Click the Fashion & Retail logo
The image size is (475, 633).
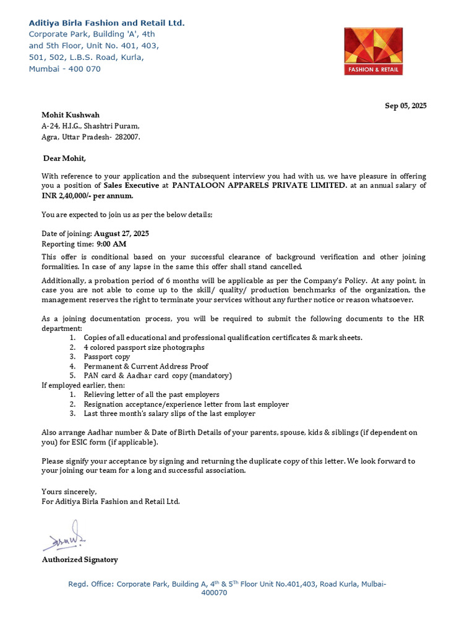coord(374,51)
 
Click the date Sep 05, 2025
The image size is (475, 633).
coord(405,106)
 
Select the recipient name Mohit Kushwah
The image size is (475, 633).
coord(71,115)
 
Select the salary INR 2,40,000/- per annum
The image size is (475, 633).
coord(87,195)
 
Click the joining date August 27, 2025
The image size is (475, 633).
coord(121,234)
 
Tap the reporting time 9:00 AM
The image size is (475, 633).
coord(111,244)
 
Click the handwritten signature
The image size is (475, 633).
coord(64,537)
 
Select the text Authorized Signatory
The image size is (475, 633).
coord(80,559)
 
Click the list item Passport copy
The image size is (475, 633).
coord(107,357)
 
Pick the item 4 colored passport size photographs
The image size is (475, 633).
coord(144,347)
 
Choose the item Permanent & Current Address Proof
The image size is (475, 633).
coord(146,366)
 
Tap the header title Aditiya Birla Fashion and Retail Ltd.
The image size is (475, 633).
coord(106,23)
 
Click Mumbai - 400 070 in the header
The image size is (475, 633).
coord(64,69)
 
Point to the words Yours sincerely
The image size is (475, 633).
coord(69,491)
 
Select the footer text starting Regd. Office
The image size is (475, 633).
coord(227,584)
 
